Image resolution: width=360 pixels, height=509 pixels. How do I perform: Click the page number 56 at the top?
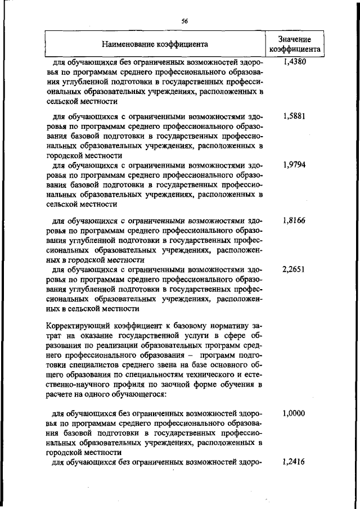[x=184, y=21]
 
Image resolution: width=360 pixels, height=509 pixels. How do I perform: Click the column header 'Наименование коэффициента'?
[x=155, y=43]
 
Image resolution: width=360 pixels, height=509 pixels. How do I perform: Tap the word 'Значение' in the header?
[x=294, y=39]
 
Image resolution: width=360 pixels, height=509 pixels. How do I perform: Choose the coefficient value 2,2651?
[x=294, y=269]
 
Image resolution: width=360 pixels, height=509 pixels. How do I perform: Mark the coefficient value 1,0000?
[x=294, y=413]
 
